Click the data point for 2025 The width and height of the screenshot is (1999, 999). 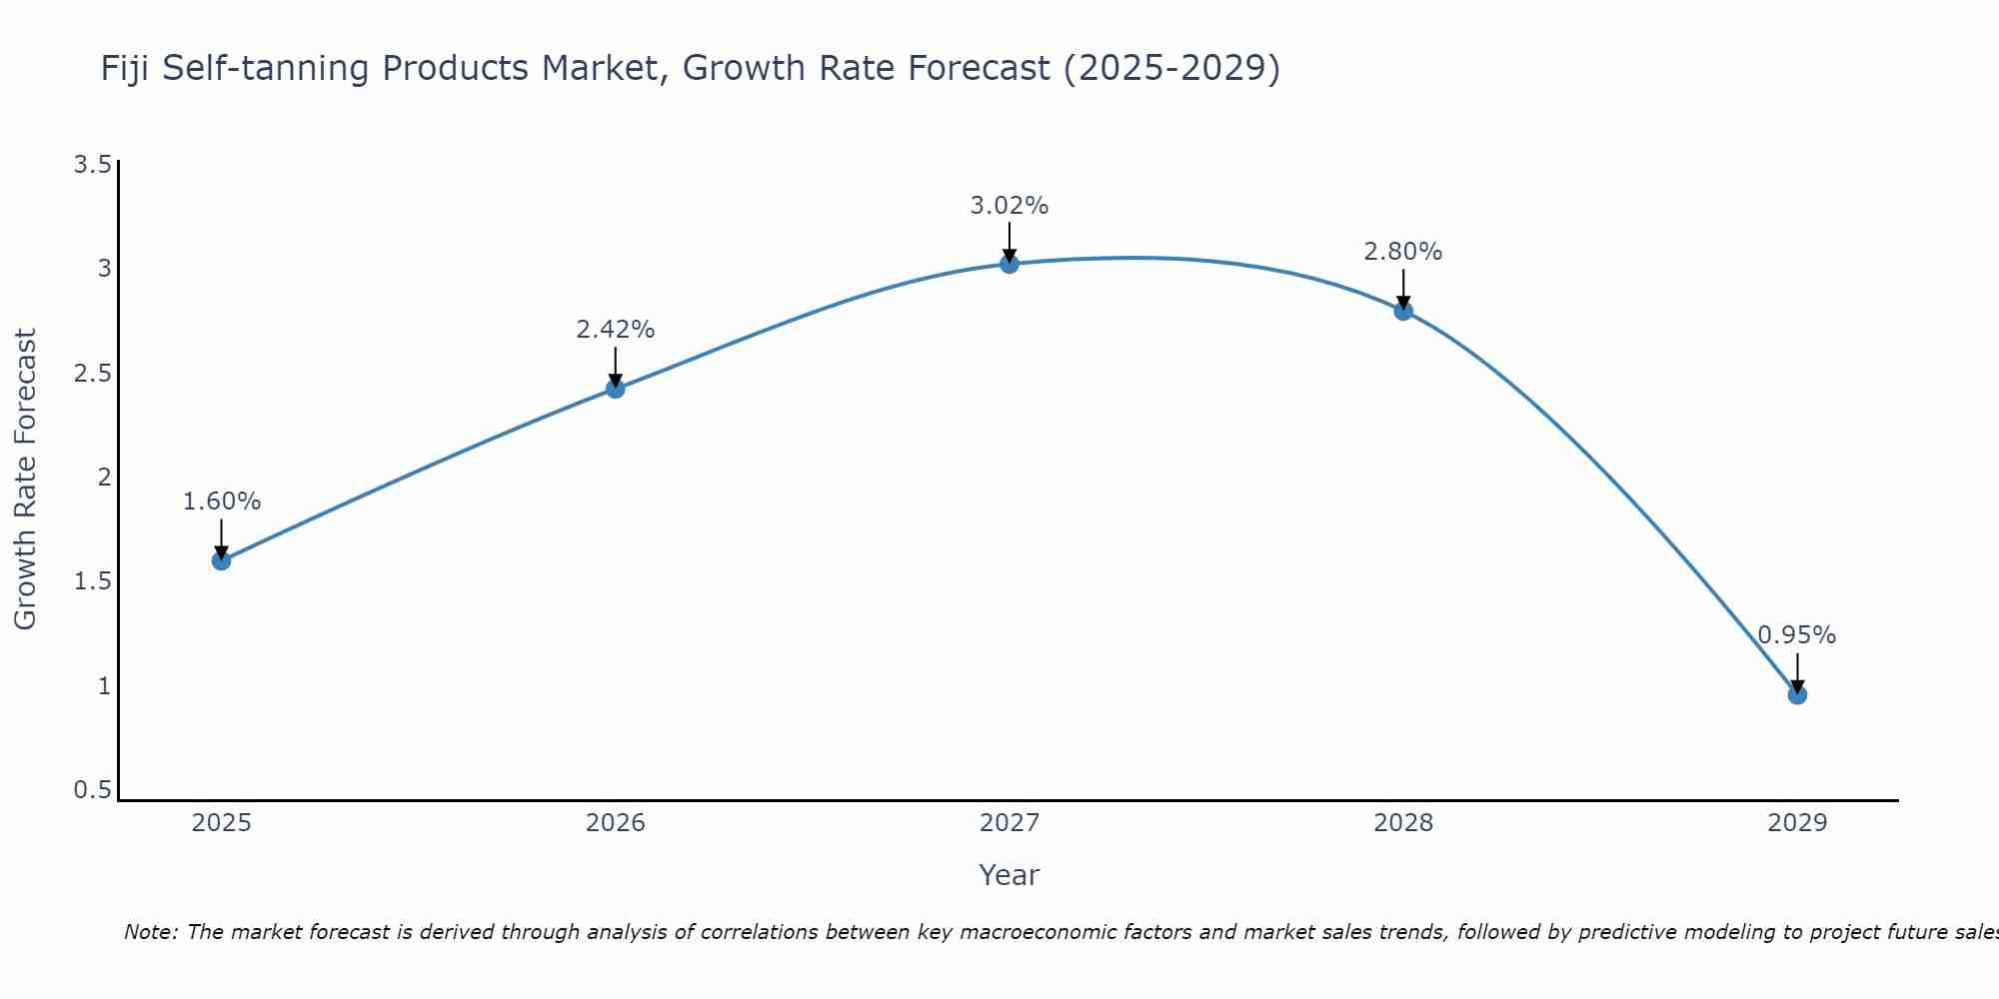221,560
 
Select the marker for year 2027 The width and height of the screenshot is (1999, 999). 1008,264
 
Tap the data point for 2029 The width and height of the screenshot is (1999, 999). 1796,694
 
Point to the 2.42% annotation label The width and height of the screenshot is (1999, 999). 615,329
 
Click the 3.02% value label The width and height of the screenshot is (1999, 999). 1008,206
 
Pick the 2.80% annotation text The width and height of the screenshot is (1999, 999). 1402,252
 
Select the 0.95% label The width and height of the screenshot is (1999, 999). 1796,635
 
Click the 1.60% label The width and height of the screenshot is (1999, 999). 221,501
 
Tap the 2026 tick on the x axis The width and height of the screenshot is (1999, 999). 615,823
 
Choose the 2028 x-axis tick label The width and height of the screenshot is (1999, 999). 1402,823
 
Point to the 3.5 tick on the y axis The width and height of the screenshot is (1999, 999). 92,165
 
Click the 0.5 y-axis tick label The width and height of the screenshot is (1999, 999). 92,790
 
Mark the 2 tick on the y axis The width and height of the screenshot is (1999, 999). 104,478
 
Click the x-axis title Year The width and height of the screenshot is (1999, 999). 1008,875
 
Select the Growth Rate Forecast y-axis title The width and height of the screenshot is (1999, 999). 25,479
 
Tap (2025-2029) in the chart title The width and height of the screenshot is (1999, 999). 1171,68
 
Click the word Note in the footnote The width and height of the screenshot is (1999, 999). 149,932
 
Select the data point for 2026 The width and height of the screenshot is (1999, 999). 615,389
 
